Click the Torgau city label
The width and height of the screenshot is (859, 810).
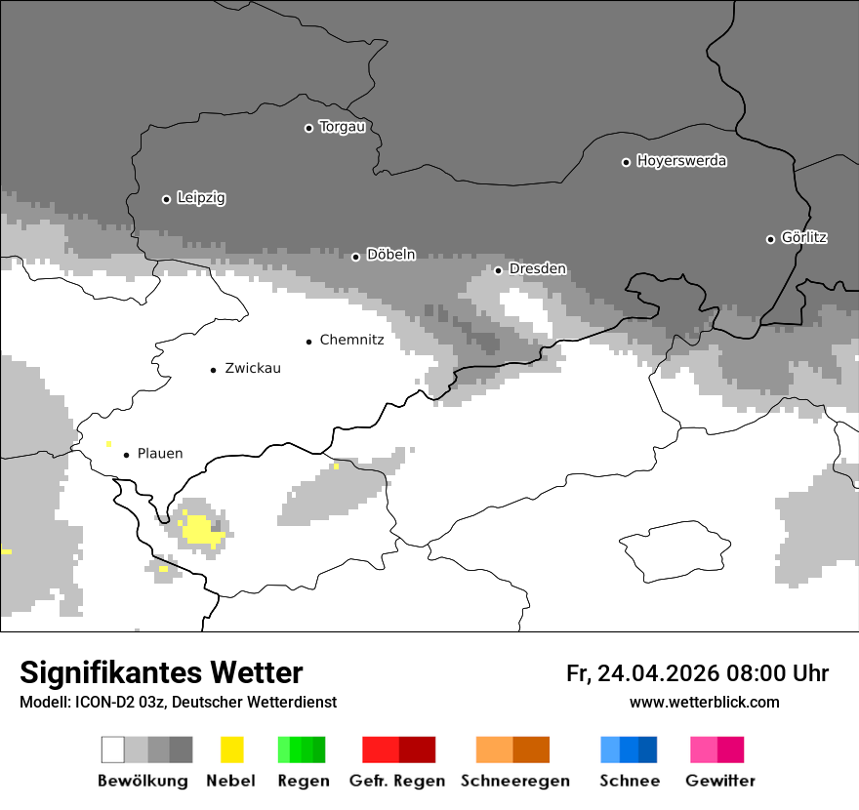click(342, 127)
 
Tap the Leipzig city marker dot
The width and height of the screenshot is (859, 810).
click(166, 199)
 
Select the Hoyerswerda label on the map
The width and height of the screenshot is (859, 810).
click(681, 161)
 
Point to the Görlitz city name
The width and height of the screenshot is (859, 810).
click(804, 237)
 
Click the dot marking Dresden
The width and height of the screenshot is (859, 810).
click(498, 269)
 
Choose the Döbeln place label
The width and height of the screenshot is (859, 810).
click(390, 255)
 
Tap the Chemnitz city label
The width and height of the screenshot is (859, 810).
click(351, 341)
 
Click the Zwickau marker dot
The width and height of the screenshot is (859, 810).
click(213, 369)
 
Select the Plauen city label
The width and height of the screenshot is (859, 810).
click(159, 454)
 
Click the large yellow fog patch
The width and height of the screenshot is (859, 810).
click(199, 529)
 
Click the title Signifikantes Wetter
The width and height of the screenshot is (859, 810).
click(161, 672)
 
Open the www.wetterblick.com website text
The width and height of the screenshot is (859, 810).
click(704, 702)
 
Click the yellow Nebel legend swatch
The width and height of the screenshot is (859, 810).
click(231, 749)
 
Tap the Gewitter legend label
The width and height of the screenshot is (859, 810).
click(720, 781)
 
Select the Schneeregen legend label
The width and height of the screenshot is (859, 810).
click(514, 781)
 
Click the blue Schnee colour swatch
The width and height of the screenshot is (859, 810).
click(629, 749)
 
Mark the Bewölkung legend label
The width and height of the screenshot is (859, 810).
click(143, 781)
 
